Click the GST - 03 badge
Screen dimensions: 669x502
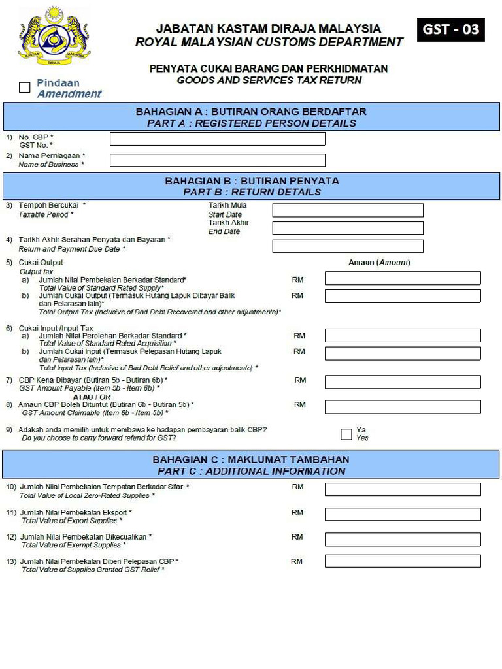[x=450, y=30]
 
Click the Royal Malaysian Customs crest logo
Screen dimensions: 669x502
[x=54, y=37]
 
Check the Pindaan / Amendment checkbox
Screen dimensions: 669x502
[x=25, y=88]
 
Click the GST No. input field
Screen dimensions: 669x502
[x=217, y=139]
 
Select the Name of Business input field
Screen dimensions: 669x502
[x=217, y=160]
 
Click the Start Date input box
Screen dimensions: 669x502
[x=347, y=210]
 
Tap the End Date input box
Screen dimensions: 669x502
[x=347, y=228]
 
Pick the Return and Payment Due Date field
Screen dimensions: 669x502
[x=347, y=246]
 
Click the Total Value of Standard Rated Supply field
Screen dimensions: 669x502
[x=402, y=278]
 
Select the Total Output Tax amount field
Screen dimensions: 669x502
[x=402, y=296]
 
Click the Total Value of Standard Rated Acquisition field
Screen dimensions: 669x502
[x=402, y=335]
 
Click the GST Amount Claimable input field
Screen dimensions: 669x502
[x=402, y=406]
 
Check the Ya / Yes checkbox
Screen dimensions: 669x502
[x=346, y=434]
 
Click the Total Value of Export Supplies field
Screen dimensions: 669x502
[x=402, y=514]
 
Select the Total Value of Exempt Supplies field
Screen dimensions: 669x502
[x=402, y=538]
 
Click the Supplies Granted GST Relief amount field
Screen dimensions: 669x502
[x=402, y=561]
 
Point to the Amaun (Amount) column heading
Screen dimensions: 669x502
[x=378, y=263]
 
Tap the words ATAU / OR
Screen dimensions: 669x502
[x=92, y=397]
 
